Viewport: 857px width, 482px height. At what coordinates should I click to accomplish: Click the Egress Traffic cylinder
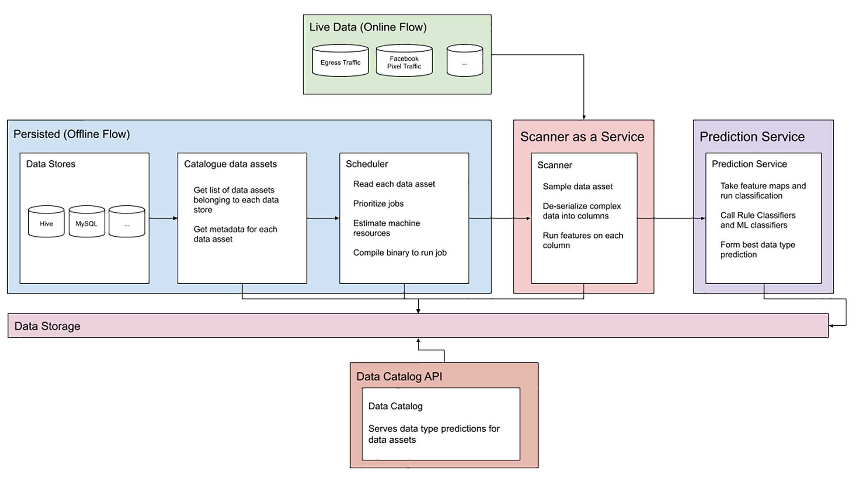click(x=340, y=61)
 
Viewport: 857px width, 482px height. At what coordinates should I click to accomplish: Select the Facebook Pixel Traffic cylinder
click(x=404, y=61)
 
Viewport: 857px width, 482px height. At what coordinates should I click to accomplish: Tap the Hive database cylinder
click(x=46, y=222)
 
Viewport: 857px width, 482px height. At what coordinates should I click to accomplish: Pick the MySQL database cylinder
click(x=87, y=222)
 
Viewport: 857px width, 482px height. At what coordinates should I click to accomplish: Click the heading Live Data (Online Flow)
click(x=368, y=27)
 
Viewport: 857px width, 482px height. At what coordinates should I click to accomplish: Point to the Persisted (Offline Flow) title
click(x=71, y=134)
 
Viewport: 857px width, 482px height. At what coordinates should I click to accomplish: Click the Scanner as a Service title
click(x=582, y=137)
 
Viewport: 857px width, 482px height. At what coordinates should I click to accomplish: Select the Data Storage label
click(x=47, y=326)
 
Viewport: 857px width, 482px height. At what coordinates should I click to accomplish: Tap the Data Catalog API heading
click(x=399, y=377)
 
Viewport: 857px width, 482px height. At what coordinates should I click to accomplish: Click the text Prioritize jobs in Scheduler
click(x=378, y=204)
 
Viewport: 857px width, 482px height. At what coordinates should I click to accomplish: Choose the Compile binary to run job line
click(x=399, y=253)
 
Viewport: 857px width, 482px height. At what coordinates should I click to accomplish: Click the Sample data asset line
click(x=577, y=187)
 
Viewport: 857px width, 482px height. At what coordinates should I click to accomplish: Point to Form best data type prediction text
click(x=757, y=249)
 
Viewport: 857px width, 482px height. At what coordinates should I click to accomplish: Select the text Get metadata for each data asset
click(x=235, y=234)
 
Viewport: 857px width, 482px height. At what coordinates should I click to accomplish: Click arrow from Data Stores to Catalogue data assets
click(x=163, y=218)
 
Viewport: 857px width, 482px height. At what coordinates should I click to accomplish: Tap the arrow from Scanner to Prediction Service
click(x=671, y=218)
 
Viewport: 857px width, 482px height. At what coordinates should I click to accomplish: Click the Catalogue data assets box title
click(x=230, y=164)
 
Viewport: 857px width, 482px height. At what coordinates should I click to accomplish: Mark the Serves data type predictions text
click(x=433, y=434)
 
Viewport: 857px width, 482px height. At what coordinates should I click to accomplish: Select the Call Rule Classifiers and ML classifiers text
click(x=757, y=220)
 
